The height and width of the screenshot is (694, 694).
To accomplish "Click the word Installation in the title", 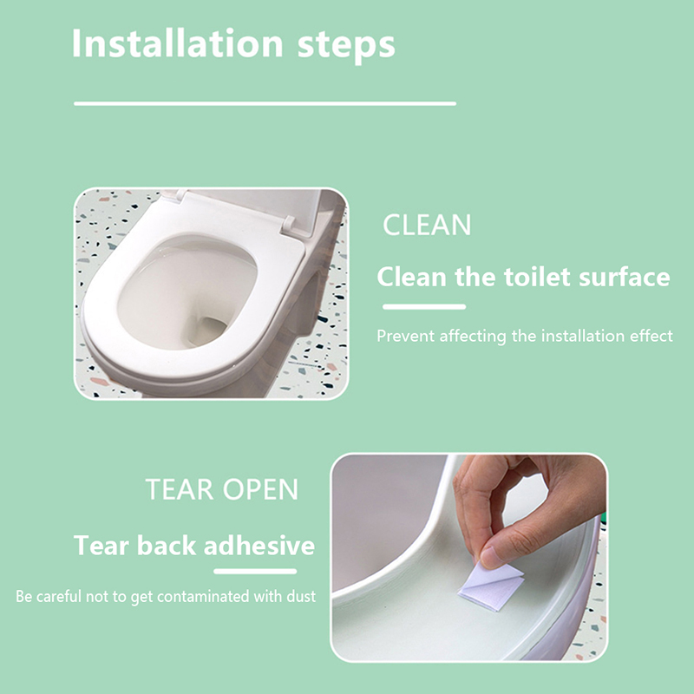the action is coord(178,43).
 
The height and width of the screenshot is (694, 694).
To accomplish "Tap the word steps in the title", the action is coord(346,46).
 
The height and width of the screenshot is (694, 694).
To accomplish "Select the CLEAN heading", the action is coord(427,225).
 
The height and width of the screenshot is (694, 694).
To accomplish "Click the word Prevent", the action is coord(405,336).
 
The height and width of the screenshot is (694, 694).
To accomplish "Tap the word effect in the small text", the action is coord(651,336).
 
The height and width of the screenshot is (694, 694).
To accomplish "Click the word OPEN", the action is coord(260,489).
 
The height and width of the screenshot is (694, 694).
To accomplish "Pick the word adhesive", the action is coord(259,546).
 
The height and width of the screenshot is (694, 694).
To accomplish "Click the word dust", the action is coord(301,596).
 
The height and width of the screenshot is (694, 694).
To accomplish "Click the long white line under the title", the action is coord(265,103).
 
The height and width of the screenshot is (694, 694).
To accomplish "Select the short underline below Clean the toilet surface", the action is coord(424,307).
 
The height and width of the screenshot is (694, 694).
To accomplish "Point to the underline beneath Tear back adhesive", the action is coord(255,572).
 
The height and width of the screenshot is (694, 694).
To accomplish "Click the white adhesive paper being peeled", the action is coord(491,586).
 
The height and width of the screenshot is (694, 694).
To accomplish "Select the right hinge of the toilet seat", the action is coord(289,226).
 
